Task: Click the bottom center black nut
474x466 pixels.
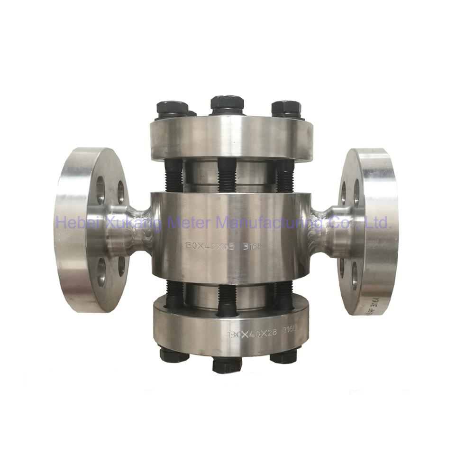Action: coord(227,364)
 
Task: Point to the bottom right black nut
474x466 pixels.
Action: coord(283,355)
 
